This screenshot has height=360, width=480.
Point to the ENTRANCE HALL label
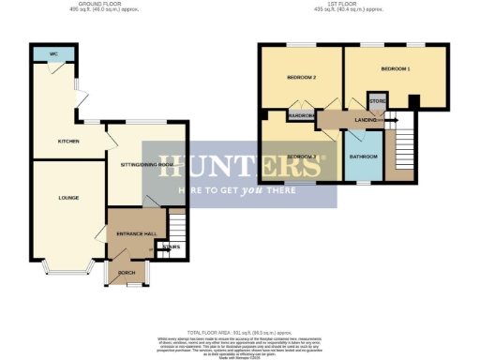pos(134,232)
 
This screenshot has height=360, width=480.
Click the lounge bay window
pos(64,272)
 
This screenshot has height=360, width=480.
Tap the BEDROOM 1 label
pos(396,69)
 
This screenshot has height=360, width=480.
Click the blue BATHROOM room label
pos(363,156)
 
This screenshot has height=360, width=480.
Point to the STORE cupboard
pos(378,100)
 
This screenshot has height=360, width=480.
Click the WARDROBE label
pos(302,115)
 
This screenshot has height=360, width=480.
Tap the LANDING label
pos(366,120)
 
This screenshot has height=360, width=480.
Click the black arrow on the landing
pos(392,120)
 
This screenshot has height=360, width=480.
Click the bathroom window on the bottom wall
pos(363,182)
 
